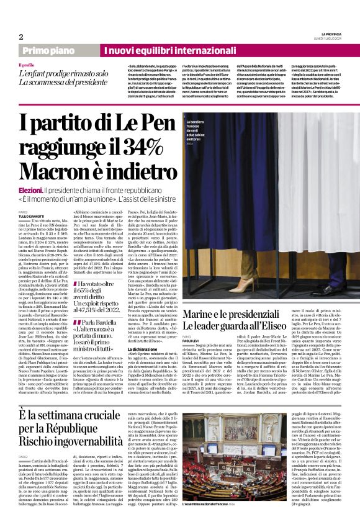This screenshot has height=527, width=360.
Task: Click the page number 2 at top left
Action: point(21,37)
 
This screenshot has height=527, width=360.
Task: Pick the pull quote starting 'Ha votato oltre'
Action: point(102,276)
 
